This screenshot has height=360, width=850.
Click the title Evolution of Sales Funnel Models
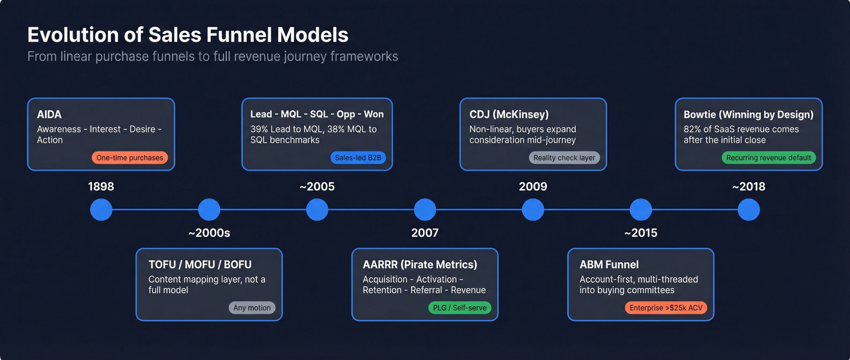pyautogui.click(x=188, y=35)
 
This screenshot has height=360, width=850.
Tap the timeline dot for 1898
pyautogui.click(x=101, y=209)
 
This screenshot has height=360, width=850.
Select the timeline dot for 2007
pyautogui.click(x=425, y=209)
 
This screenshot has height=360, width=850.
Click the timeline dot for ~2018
pyautogui.click(x=749, y=209)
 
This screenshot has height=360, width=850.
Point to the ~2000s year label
pyautogui.click(x=209, y=233)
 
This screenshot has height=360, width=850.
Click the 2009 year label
pyautogui.click(x=533, y=186)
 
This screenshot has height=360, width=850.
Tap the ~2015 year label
pyautogui.click(x=641, y=233)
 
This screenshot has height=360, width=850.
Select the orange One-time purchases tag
pyautogui.click(x=130, y=158)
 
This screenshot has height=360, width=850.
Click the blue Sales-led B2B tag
pyautogui.click(x=359, y=158)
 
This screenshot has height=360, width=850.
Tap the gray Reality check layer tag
pyautogui.click(x=564, y=158)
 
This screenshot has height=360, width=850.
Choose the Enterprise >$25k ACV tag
pyautogui.click(x=666, y=308)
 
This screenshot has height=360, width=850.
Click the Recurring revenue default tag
pyautogui.click(x=769, y=158)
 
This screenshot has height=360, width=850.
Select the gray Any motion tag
pyautogui.click(x=252, y=308)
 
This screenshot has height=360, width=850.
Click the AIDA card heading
pyautogui.click(x=49, y=115)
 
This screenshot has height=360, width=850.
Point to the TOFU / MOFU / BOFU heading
pyautogui.click(x=200, y=265)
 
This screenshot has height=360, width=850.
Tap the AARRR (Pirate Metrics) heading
pyautogui.click(x=420, y=265)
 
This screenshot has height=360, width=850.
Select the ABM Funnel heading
pyautogui.click(x=609, y=265)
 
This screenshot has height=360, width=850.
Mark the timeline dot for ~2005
pyautogui.click(x=317, y=209)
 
